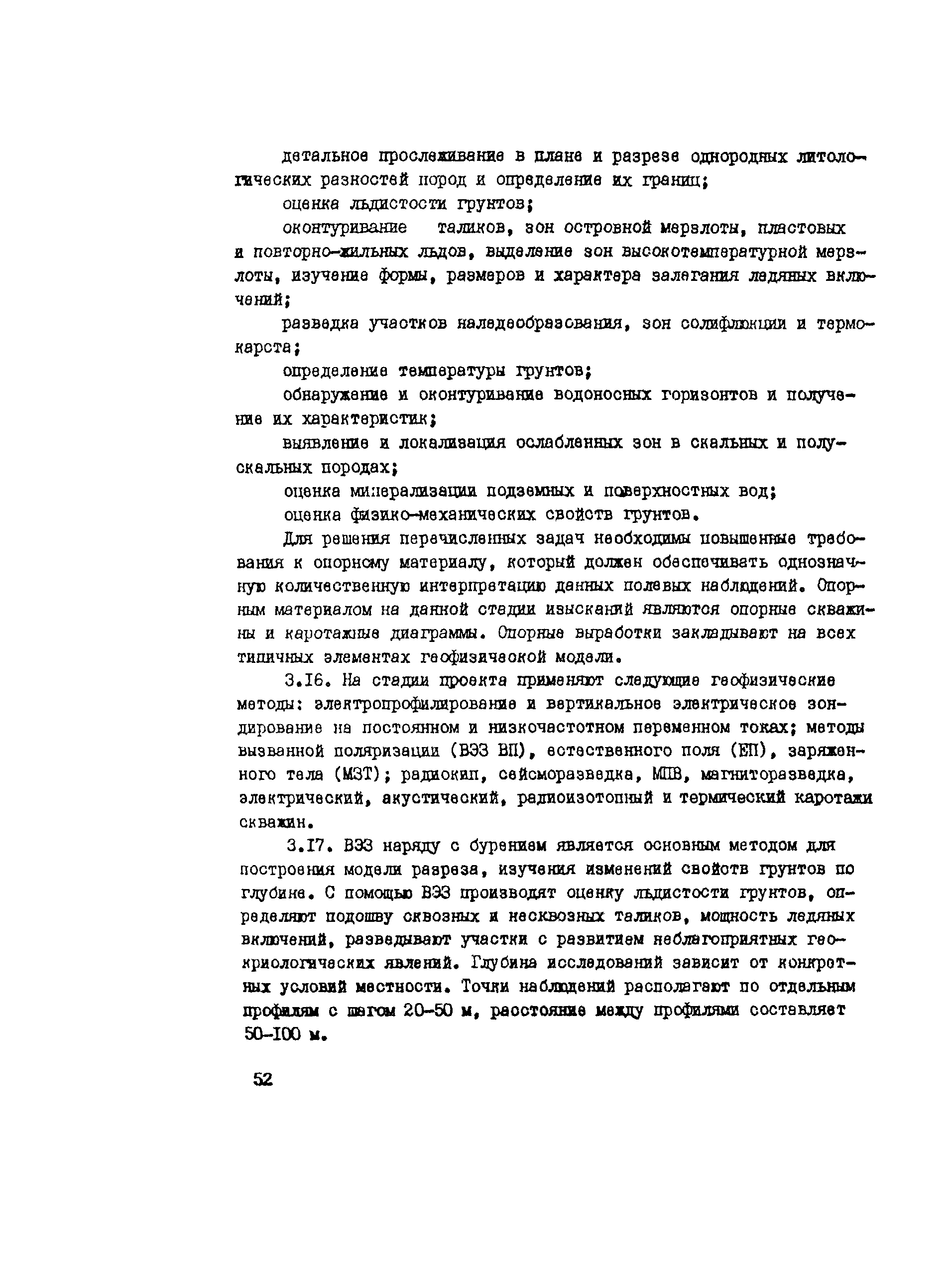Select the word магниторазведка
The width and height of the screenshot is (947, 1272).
tap(774, 775)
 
